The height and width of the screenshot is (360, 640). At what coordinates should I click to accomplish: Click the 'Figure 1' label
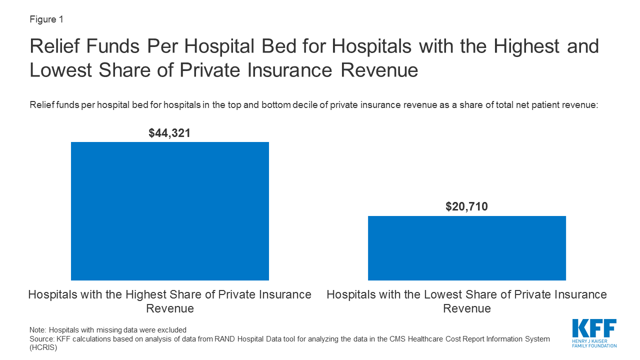click(46, 19)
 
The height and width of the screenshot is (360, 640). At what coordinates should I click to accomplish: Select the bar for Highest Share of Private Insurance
click(170, 211)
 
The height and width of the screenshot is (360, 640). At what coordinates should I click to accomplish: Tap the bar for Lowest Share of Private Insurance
click(466, 248)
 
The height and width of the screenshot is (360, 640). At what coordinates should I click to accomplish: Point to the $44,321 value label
click(170, 133)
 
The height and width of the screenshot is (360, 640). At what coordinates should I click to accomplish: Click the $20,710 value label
click(466, 206)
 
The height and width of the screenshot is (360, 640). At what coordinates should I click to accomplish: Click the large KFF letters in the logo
click(594, 329)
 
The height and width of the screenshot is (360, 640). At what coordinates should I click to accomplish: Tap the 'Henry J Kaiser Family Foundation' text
click(594, 343)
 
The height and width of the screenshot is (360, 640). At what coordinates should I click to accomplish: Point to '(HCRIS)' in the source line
click(43, 347)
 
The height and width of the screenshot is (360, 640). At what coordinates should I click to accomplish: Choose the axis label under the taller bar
click(170, 301)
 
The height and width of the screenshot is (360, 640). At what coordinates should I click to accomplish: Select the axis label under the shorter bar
click(466, 301)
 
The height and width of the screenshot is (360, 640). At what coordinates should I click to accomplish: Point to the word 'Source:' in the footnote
click(41, 339)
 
